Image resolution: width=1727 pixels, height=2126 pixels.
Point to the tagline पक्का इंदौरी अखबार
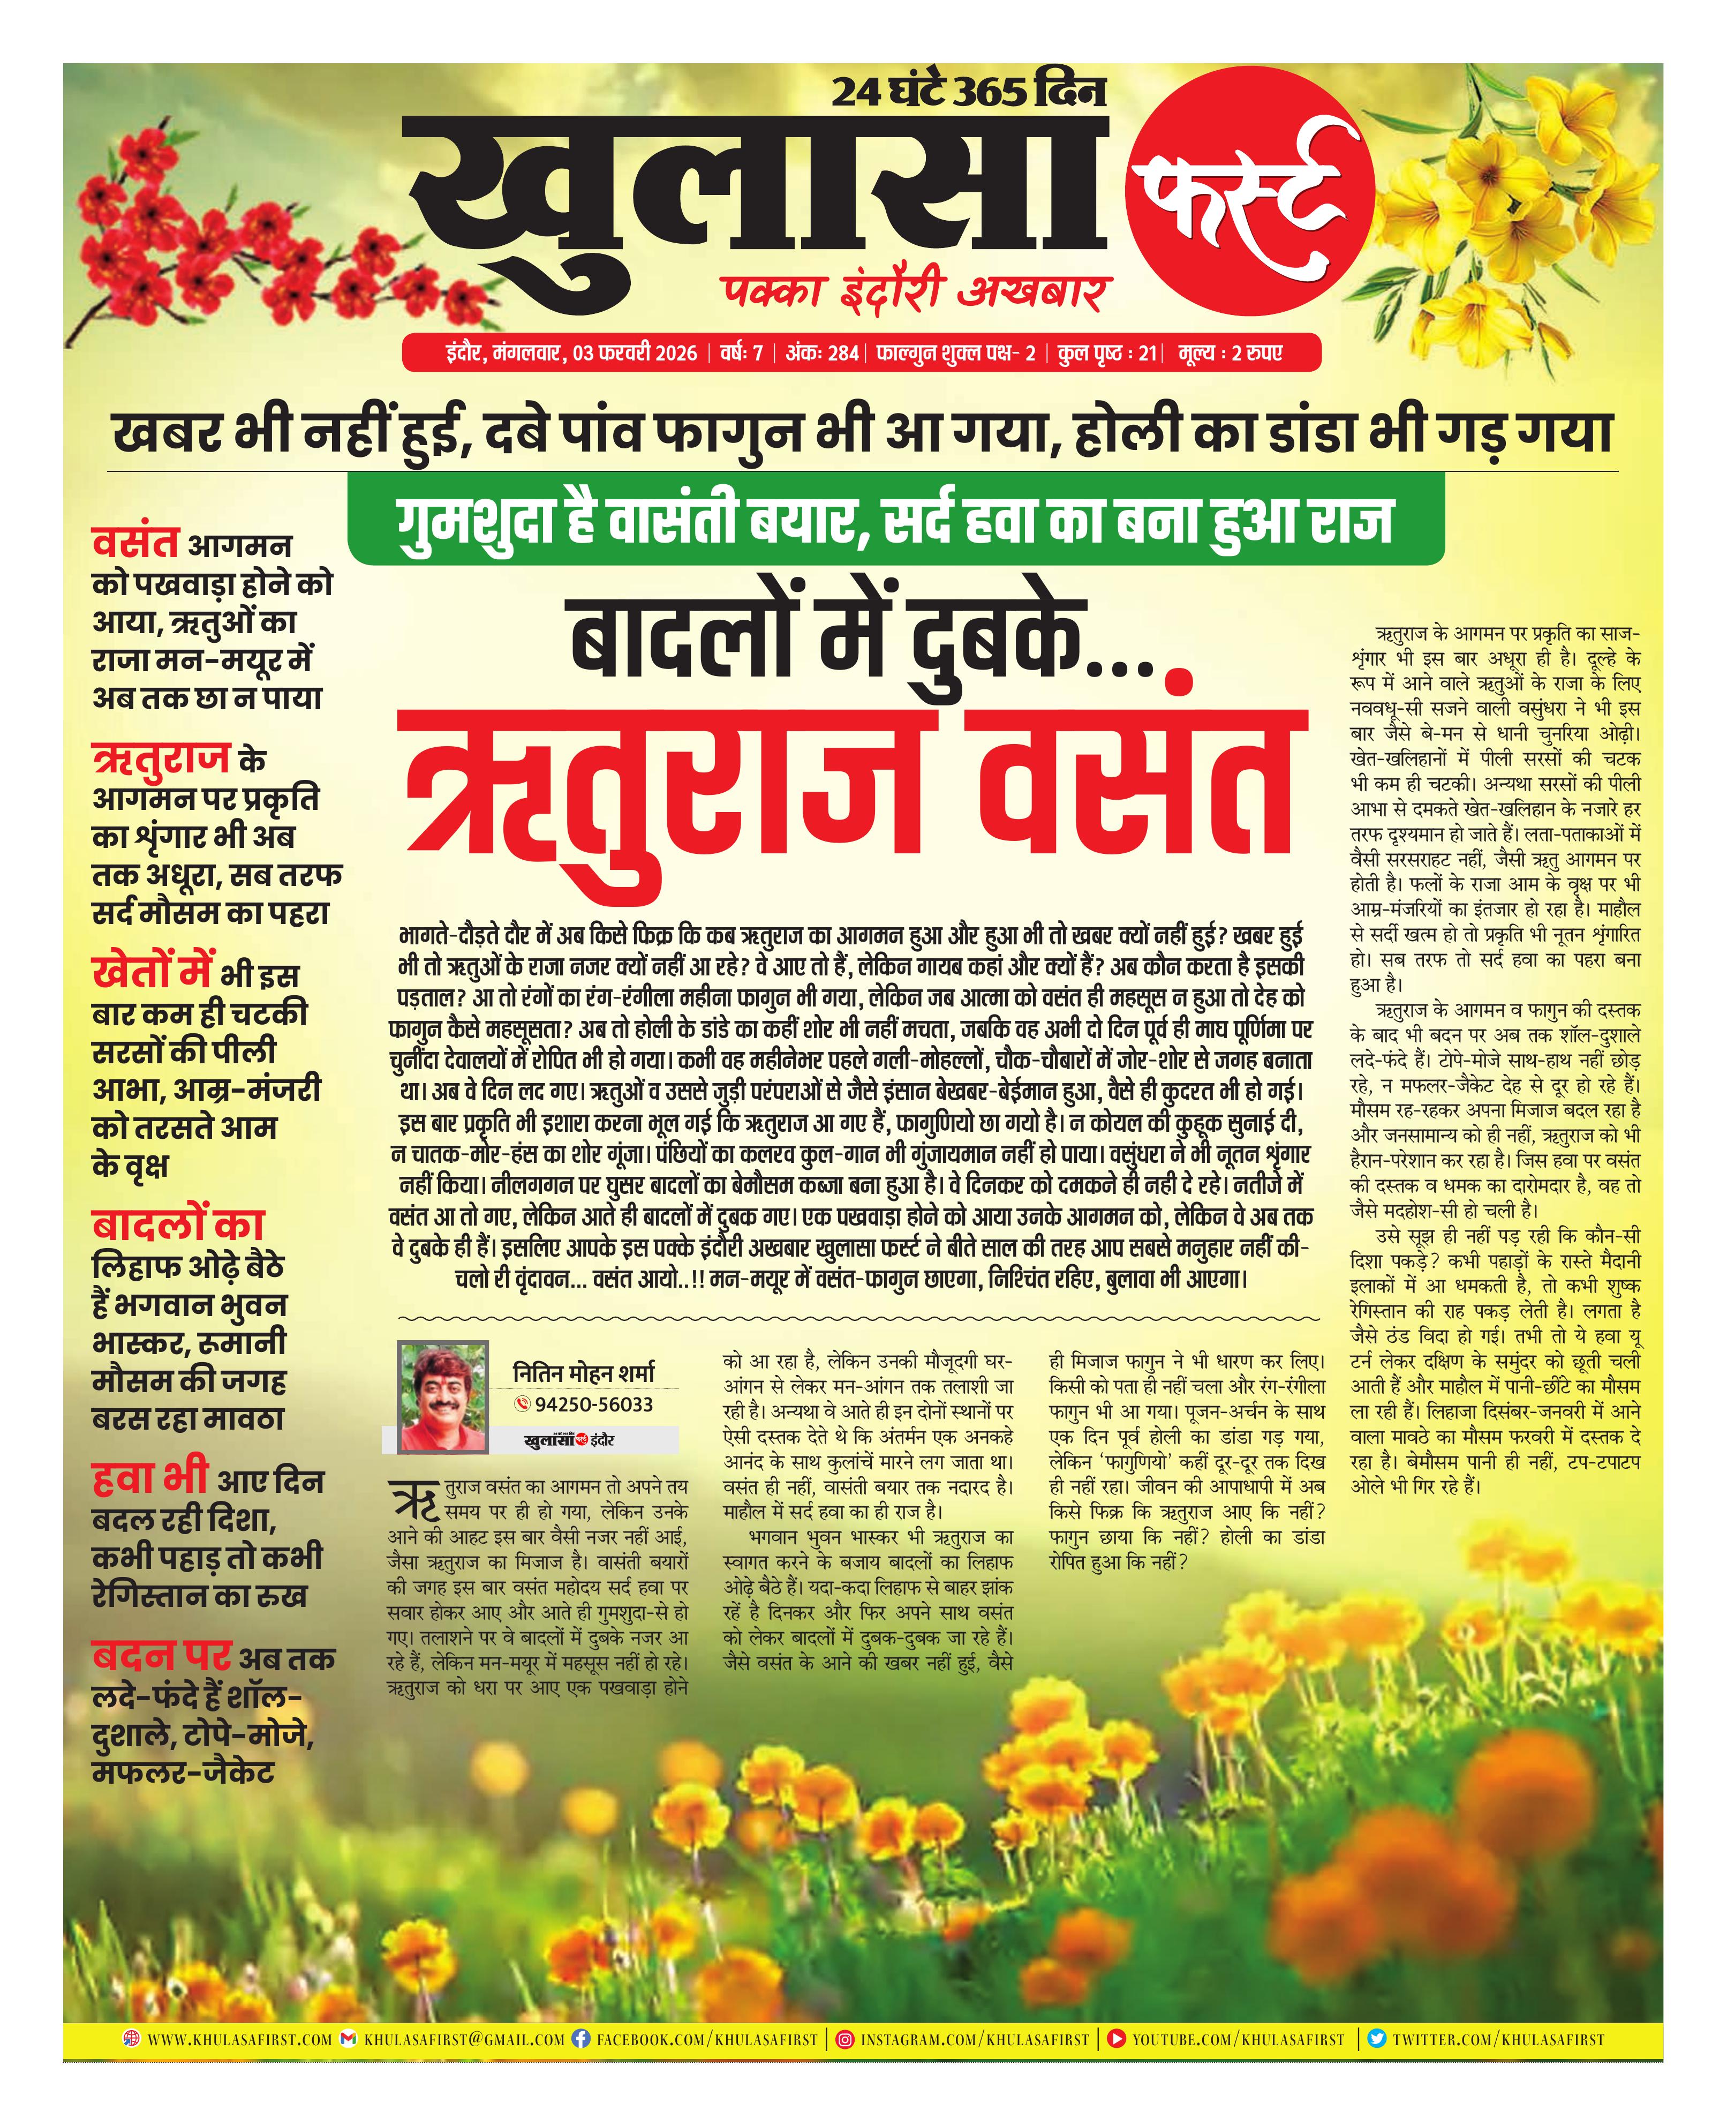click(913, 294)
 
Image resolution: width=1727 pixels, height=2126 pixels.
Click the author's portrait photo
click(442, 1397)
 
